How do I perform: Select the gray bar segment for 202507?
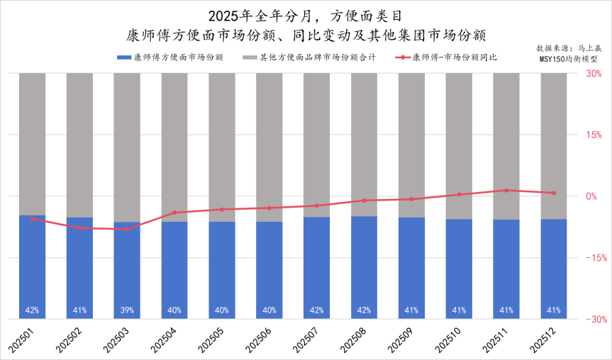317,142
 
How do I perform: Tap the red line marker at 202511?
506,191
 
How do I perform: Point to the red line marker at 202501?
32,219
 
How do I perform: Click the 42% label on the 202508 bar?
364,310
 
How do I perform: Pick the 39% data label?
127,310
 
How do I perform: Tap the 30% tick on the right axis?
593,73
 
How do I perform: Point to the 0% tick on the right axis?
593,196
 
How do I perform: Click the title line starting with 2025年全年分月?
306,16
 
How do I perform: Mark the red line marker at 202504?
174,213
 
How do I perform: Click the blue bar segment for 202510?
459,269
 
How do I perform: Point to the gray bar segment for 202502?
79,142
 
